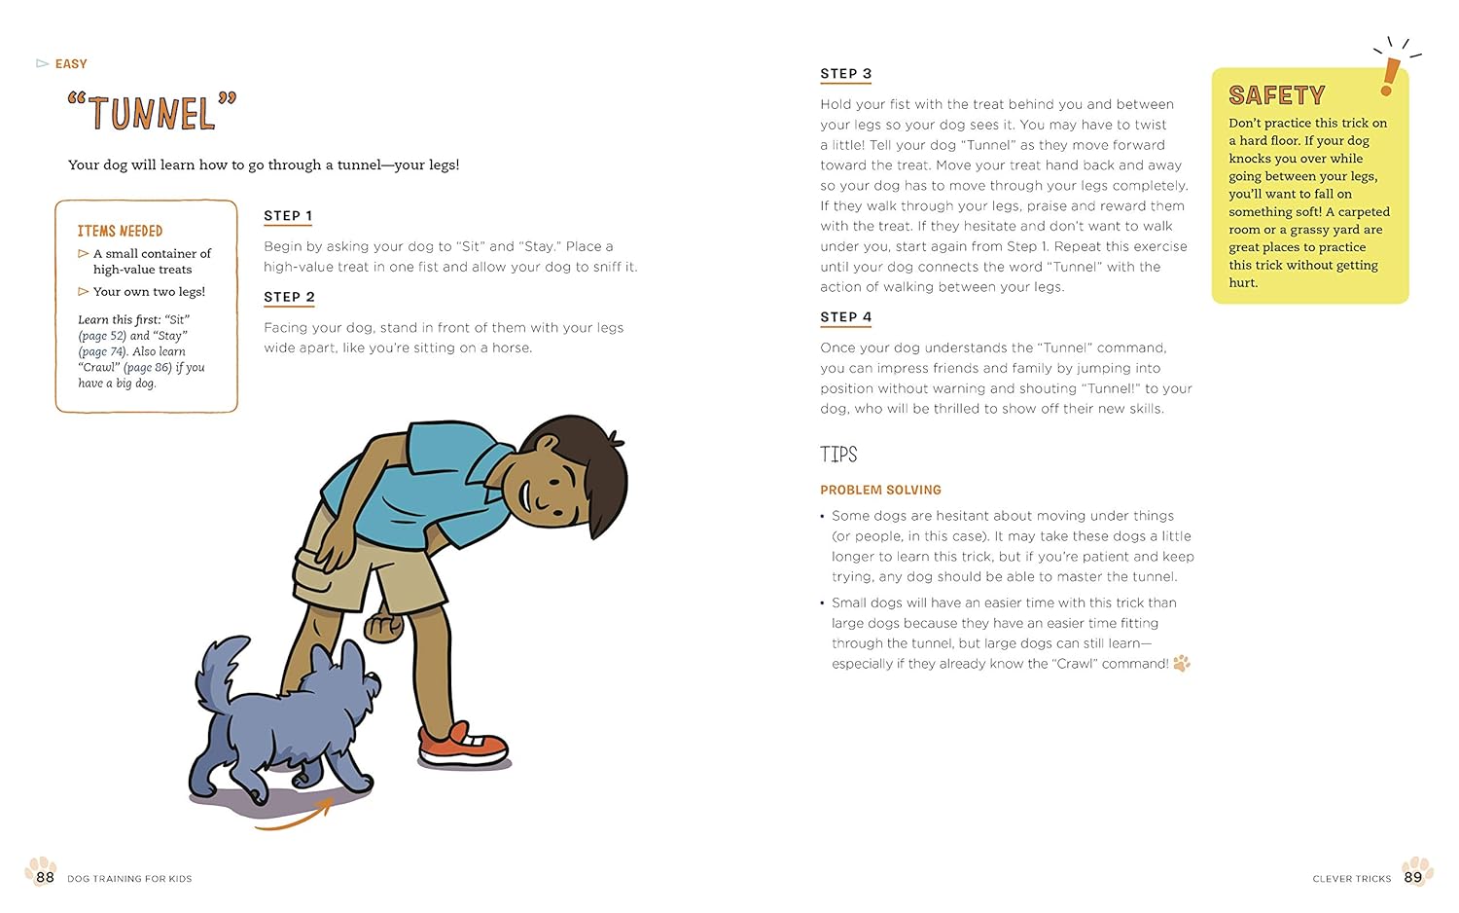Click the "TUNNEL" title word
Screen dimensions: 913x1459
click(x=153, y=113)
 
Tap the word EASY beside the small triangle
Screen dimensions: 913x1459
click(x=71, y=64)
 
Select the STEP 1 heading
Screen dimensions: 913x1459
click(x=288, y=216)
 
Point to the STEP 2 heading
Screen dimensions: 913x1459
click(x=289, y=297)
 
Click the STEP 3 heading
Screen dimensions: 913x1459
click(x=845, y=74)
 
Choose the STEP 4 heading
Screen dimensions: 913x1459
click(x=845, y=317)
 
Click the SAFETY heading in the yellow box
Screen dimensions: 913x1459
click(x=1276, y=95)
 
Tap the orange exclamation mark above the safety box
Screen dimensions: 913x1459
click(x=1390, y=75)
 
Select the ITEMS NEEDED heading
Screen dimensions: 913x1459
click(x=120, y=231)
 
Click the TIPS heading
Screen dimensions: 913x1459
click(x=838, y=455)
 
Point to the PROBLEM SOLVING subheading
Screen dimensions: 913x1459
click(x=880, y=490)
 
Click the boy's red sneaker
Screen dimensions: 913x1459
click(x=463, y=746)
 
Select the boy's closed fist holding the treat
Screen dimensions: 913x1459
click(x=382, y=627)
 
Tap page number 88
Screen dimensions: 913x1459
click(x=45, y=877)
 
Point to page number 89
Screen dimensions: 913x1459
click(x=1413, y=877)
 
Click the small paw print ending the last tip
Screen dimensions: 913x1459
click(x=1182, y=664)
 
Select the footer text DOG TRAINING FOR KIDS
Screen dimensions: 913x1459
click(x=129, y=879)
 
